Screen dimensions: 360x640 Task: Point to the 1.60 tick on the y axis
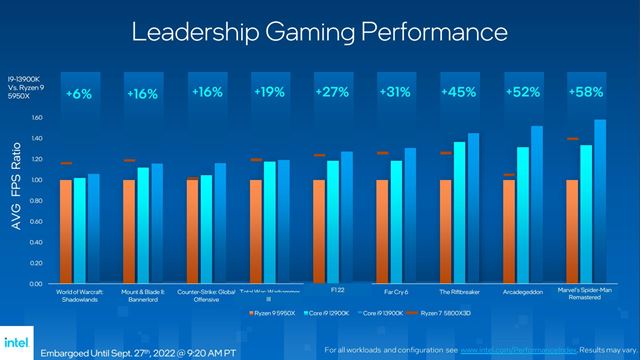(37, 117)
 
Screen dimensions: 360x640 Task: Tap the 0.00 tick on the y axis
(37, 284)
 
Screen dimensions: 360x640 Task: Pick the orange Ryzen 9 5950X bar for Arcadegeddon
(509, 231)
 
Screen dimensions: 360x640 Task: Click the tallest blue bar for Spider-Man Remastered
(600, 201)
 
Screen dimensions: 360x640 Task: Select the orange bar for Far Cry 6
(382, 231)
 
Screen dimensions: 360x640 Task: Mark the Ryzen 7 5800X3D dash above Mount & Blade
(129, 160)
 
